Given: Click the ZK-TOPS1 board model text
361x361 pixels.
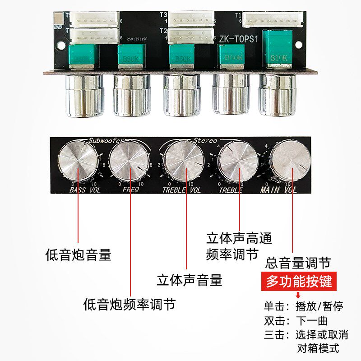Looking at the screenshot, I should (238, 39).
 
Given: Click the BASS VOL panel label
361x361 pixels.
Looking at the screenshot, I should (85, 190).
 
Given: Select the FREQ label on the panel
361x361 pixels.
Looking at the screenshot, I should (130, 190).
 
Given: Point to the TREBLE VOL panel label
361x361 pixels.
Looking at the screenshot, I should (181, 190).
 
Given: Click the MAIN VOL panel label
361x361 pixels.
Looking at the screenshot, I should (279, 190).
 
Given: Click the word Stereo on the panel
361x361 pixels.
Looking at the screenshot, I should (205, 140).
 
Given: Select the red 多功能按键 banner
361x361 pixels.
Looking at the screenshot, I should (299, 282).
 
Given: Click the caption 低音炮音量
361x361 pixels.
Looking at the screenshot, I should (78, 255).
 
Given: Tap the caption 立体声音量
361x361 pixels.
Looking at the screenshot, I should (190, 280).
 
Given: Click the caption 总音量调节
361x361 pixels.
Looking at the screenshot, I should (298, 262).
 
